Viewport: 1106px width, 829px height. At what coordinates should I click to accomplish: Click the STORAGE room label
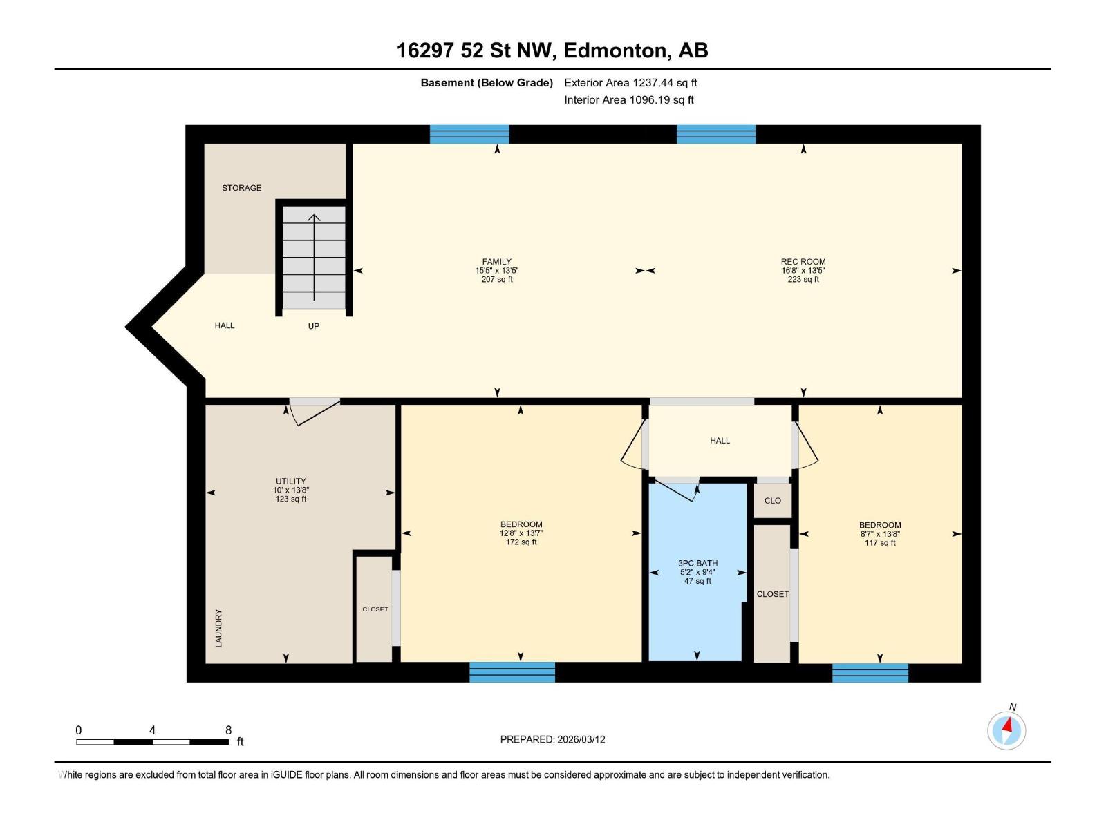coord(241,188)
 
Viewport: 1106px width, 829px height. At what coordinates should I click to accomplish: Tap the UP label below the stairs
coord(313,326)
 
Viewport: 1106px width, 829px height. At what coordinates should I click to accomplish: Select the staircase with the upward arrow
coord(314,257)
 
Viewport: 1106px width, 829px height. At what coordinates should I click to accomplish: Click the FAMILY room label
coord(496,262)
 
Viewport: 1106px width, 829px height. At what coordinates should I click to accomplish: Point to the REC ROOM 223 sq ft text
coord(803,279)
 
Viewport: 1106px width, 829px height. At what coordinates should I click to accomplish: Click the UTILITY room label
coord(290,482)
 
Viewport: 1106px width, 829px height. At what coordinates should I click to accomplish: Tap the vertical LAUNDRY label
coord(218,628)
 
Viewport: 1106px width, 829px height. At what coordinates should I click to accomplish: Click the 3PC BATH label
coord(697,563)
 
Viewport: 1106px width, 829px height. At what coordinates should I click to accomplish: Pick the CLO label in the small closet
coord(772,501)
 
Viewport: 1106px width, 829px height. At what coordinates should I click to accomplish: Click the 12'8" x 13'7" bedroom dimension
coord(521,533)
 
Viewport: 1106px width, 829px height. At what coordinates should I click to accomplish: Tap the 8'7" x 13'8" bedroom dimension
coord(880,534)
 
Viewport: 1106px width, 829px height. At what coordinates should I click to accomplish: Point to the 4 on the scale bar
coord(152,730)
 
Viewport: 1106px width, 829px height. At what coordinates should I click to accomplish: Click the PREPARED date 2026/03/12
coord(552,739)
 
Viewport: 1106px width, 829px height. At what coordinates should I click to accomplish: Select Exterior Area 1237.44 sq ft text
coord(630,83)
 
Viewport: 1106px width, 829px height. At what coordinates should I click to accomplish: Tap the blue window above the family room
coord(469,134)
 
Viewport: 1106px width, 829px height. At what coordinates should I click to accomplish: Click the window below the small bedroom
coord(870,673)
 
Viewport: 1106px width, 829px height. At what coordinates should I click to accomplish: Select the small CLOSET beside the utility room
coord(375,609)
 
